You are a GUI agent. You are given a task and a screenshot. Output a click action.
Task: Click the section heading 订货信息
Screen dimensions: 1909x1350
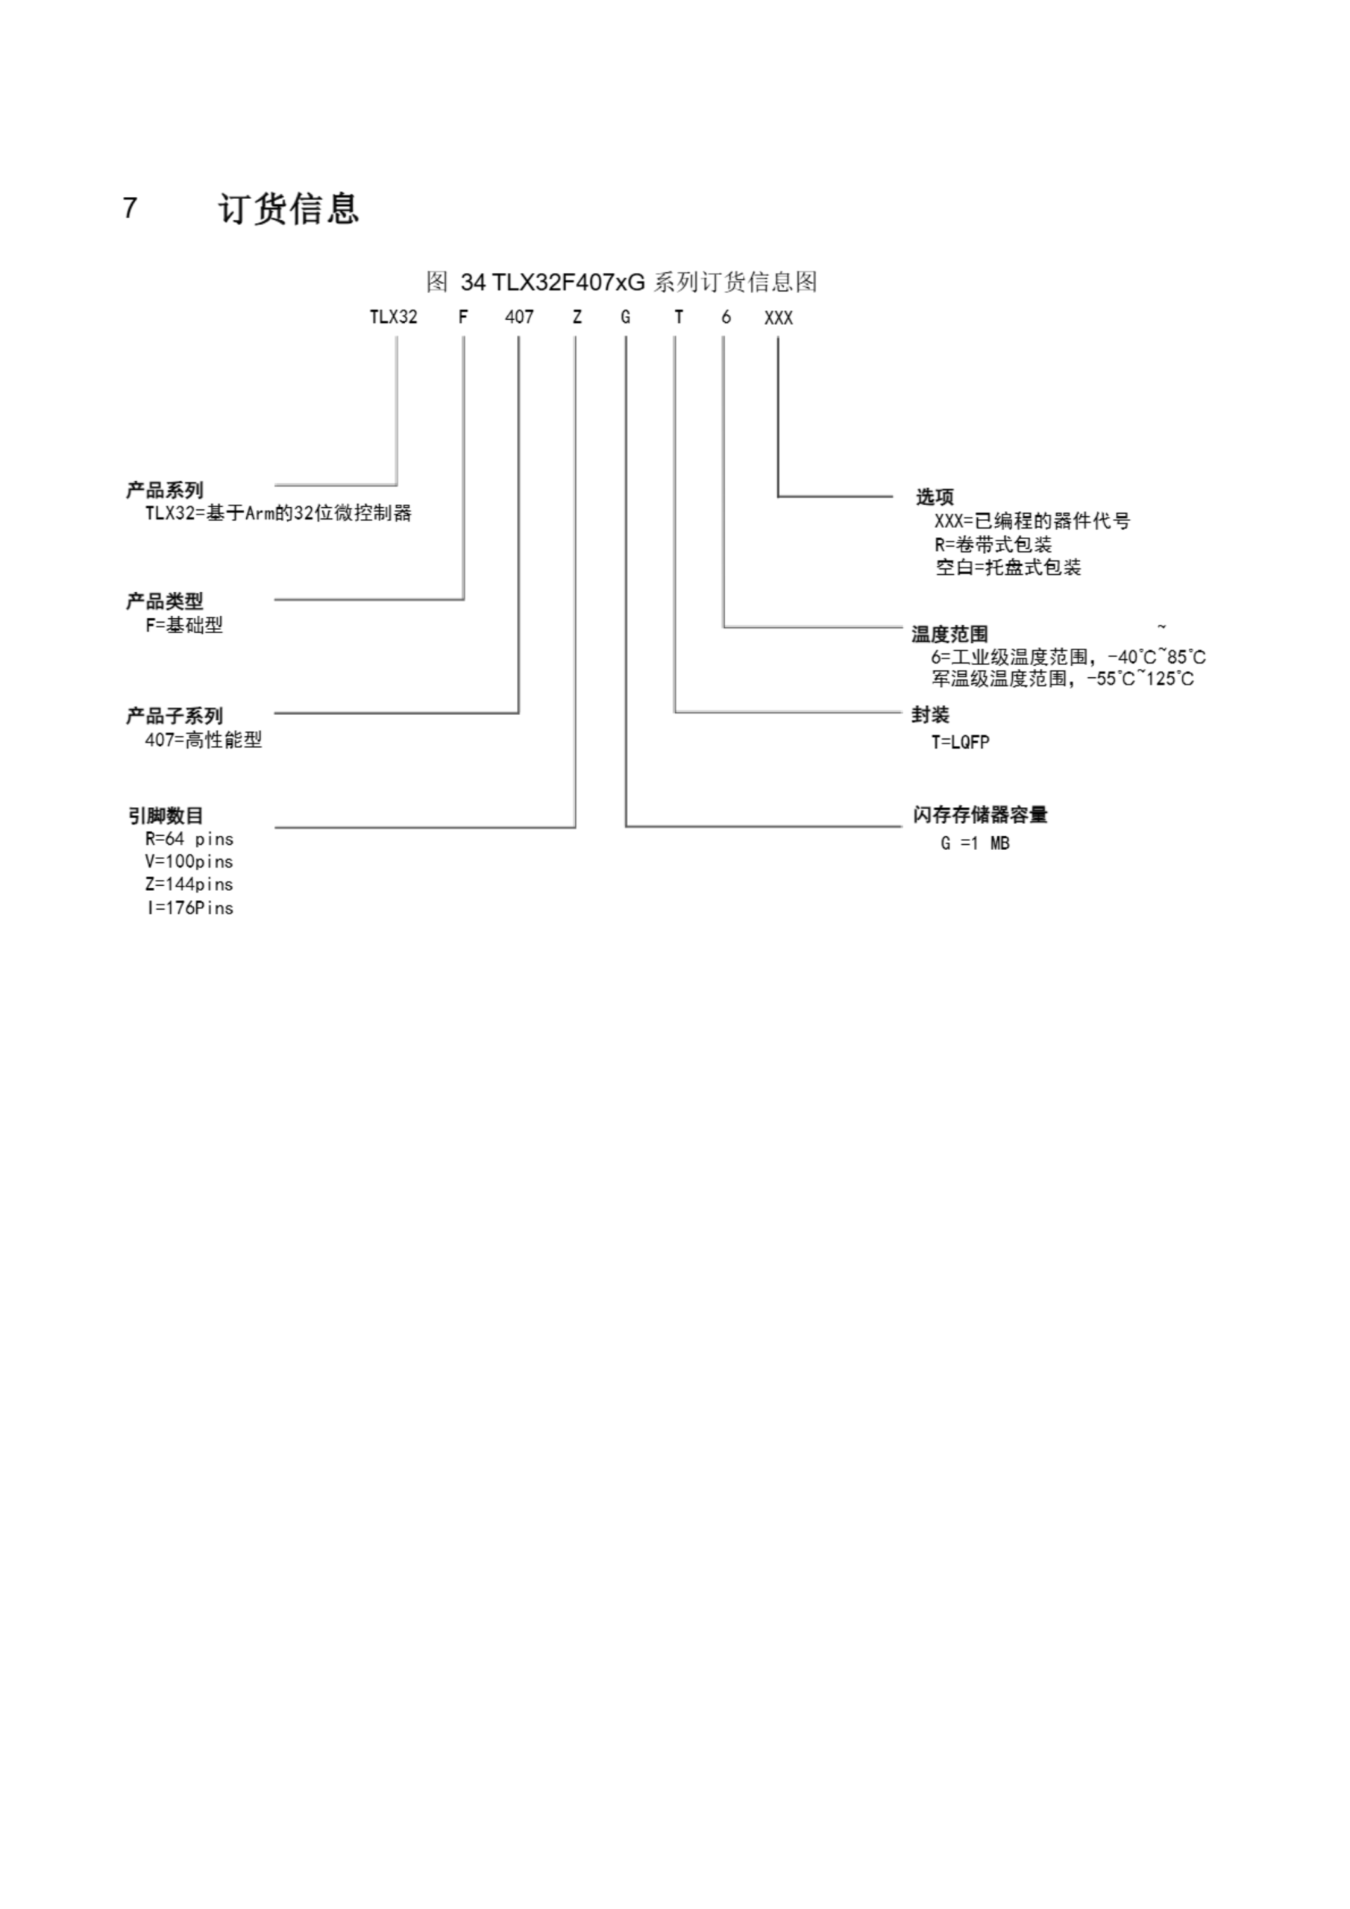[x=289, y=209]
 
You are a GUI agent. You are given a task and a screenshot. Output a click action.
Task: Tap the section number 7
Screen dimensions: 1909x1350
[x=130, y=208]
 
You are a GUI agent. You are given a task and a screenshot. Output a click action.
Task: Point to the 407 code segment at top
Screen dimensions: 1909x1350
[x=519, y=318]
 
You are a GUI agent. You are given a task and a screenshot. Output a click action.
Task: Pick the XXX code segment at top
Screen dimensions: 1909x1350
[x=779, y=318]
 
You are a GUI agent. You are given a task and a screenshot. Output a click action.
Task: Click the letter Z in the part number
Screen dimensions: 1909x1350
[x=577, y=318]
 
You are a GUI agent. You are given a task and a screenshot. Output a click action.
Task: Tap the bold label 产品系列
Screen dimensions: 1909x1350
[x=165, y=491]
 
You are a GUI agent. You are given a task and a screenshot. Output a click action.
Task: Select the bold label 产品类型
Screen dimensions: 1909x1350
[x=165, y=601]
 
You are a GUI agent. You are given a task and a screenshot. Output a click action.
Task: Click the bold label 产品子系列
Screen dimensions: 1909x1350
[x=175, y=716]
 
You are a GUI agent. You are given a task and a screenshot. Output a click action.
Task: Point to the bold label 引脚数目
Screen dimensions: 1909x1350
[x=166, y=817]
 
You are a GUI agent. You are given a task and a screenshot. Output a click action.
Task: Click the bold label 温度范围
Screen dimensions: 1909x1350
[x=949, y=635]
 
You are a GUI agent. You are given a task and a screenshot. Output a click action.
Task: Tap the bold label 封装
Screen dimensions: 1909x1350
[x=930, y=715]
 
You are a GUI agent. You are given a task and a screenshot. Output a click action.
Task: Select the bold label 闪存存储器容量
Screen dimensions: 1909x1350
[x=980, y=815]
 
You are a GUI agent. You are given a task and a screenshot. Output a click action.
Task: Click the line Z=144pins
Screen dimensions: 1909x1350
[x=189, y=884]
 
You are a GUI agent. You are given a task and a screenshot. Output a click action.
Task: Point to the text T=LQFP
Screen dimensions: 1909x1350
[x=960, y=743]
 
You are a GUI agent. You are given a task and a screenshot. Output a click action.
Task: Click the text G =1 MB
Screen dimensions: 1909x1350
[x=975, y=843]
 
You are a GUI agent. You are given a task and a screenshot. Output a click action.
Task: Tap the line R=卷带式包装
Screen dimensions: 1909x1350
[x=993, y=544]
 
